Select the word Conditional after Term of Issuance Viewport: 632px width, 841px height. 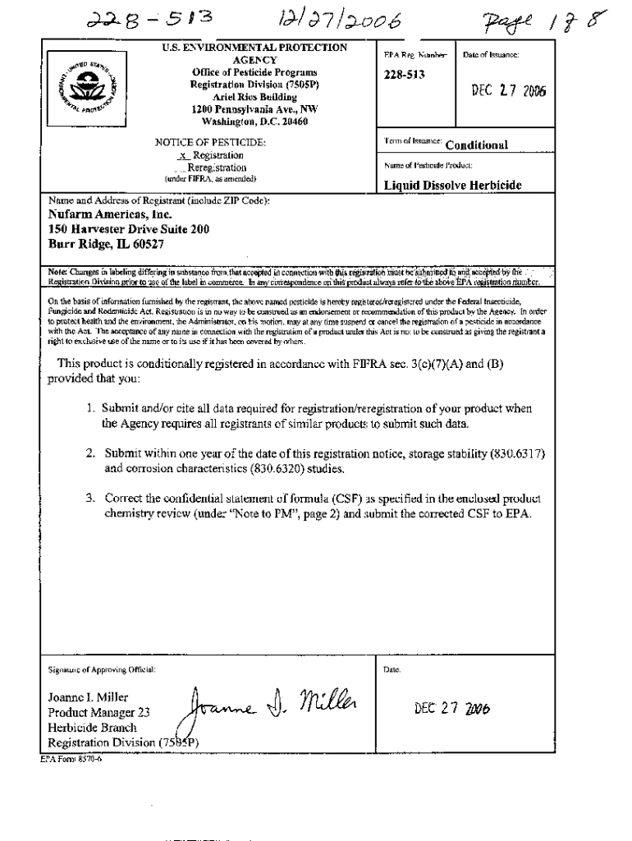[476, 145]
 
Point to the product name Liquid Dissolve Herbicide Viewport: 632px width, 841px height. [453, 186]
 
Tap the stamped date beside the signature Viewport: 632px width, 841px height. [454, 710]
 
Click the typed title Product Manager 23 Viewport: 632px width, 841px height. [98, 713]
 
